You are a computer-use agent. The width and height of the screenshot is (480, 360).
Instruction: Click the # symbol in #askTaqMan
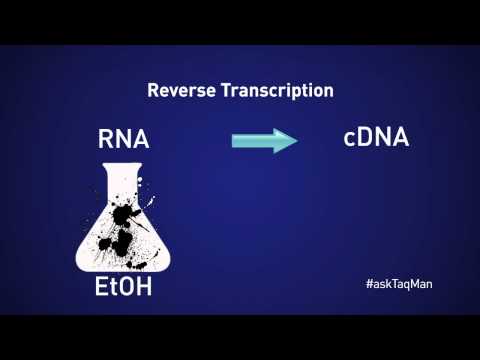click(370, 283)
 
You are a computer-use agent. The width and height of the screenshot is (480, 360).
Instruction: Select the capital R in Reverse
click(154, 91)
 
